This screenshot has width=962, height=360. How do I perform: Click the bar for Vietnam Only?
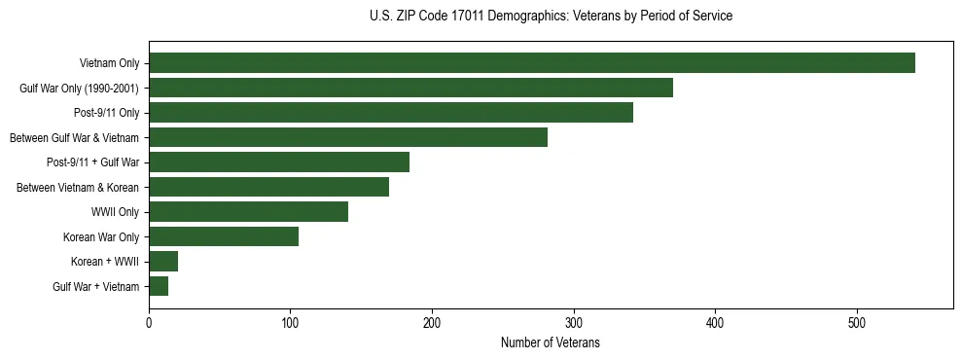(x=531, y=63)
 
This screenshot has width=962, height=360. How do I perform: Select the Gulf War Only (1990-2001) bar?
(x=410, y=88)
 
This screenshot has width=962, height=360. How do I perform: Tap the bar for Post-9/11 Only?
(x=391, y=113)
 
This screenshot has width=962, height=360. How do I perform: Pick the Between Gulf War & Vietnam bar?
(x=348, y=137)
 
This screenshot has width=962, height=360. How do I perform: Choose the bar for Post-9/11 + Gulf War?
(x=279, y=162)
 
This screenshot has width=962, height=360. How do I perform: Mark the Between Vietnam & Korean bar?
(x=268, y=187)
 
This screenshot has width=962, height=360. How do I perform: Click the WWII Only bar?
(x=248, y=211)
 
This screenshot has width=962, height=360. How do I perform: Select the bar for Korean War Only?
(x=224, y=236)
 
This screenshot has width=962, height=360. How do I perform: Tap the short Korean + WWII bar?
(x=163, y=261)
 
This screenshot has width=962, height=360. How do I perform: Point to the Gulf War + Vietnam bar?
(x=159, y=286)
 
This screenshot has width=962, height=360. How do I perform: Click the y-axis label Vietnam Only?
(x=109, y=63)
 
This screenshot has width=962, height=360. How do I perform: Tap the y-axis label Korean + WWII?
(x=105, y=261)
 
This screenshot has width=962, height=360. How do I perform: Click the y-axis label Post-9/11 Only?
(x=107, y=113)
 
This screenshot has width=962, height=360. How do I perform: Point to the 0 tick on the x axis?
(x=149, y=322)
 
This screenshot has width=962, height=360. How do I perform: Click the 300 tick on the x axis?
(x=574, y=322)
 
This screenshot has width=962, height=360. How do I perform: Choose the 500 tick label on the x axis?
(x=857, y=322)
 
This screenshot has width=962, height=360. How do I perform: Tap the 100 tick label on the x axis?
(x=290, y=322)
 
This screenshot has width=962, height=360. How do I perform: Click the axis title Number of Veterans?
(x=551, y=343)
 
